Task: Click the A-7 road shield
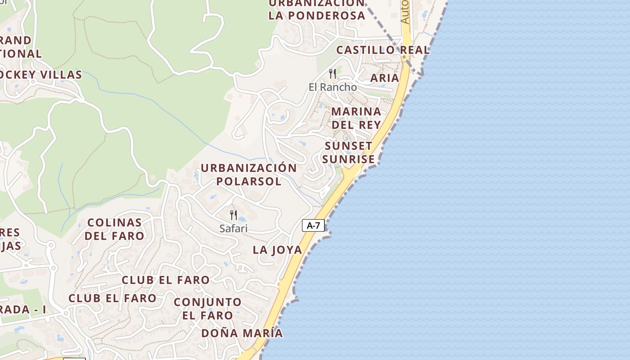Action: point(313,225)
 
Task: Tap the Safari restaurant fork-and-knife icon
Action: point(234,215)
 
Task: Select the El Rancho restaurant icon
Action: point(333,73)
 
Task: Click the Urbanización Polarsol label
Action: point(249,175)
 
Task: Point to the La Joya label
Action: point(277,250)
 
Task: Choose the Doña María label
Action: point(242,333)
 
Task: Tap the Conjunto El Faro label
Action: point(207,308)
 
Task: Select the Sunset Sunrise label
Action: point(348,153)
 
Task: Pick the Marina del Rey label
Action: point(356,118)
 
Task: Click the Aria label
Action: point(385,78)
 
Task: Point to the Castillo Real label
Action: point(383,50)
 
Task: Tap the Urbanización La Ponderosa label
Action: point(317,9)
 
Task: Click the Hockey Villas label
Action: point(40,75)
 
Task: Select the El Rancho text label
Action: point(333,87)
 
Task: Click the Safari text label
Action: point(234,228)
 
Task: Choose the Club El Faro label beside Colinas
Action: point(112,298)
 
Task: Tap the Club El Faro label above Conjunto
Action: point(166,280)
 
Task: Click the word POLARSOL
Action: point(249,181)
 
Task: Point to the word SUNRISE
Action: point(348,159)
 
